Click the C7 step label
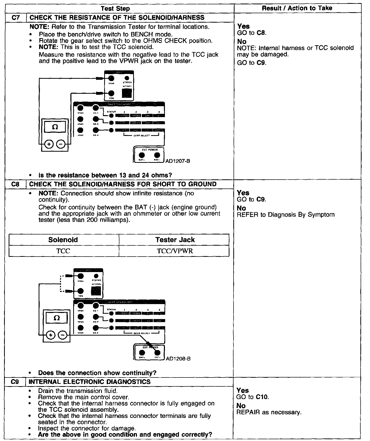coord(16,18)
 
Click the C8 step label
coord(16,184)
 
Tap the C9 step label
coord(16,382)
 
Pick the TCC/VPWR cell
coord(175,251)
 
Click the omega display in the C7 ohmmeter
coord(55,127)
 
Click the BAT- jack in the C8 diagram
coord(157,353)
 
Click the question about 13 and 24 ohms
coord(105,175)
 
